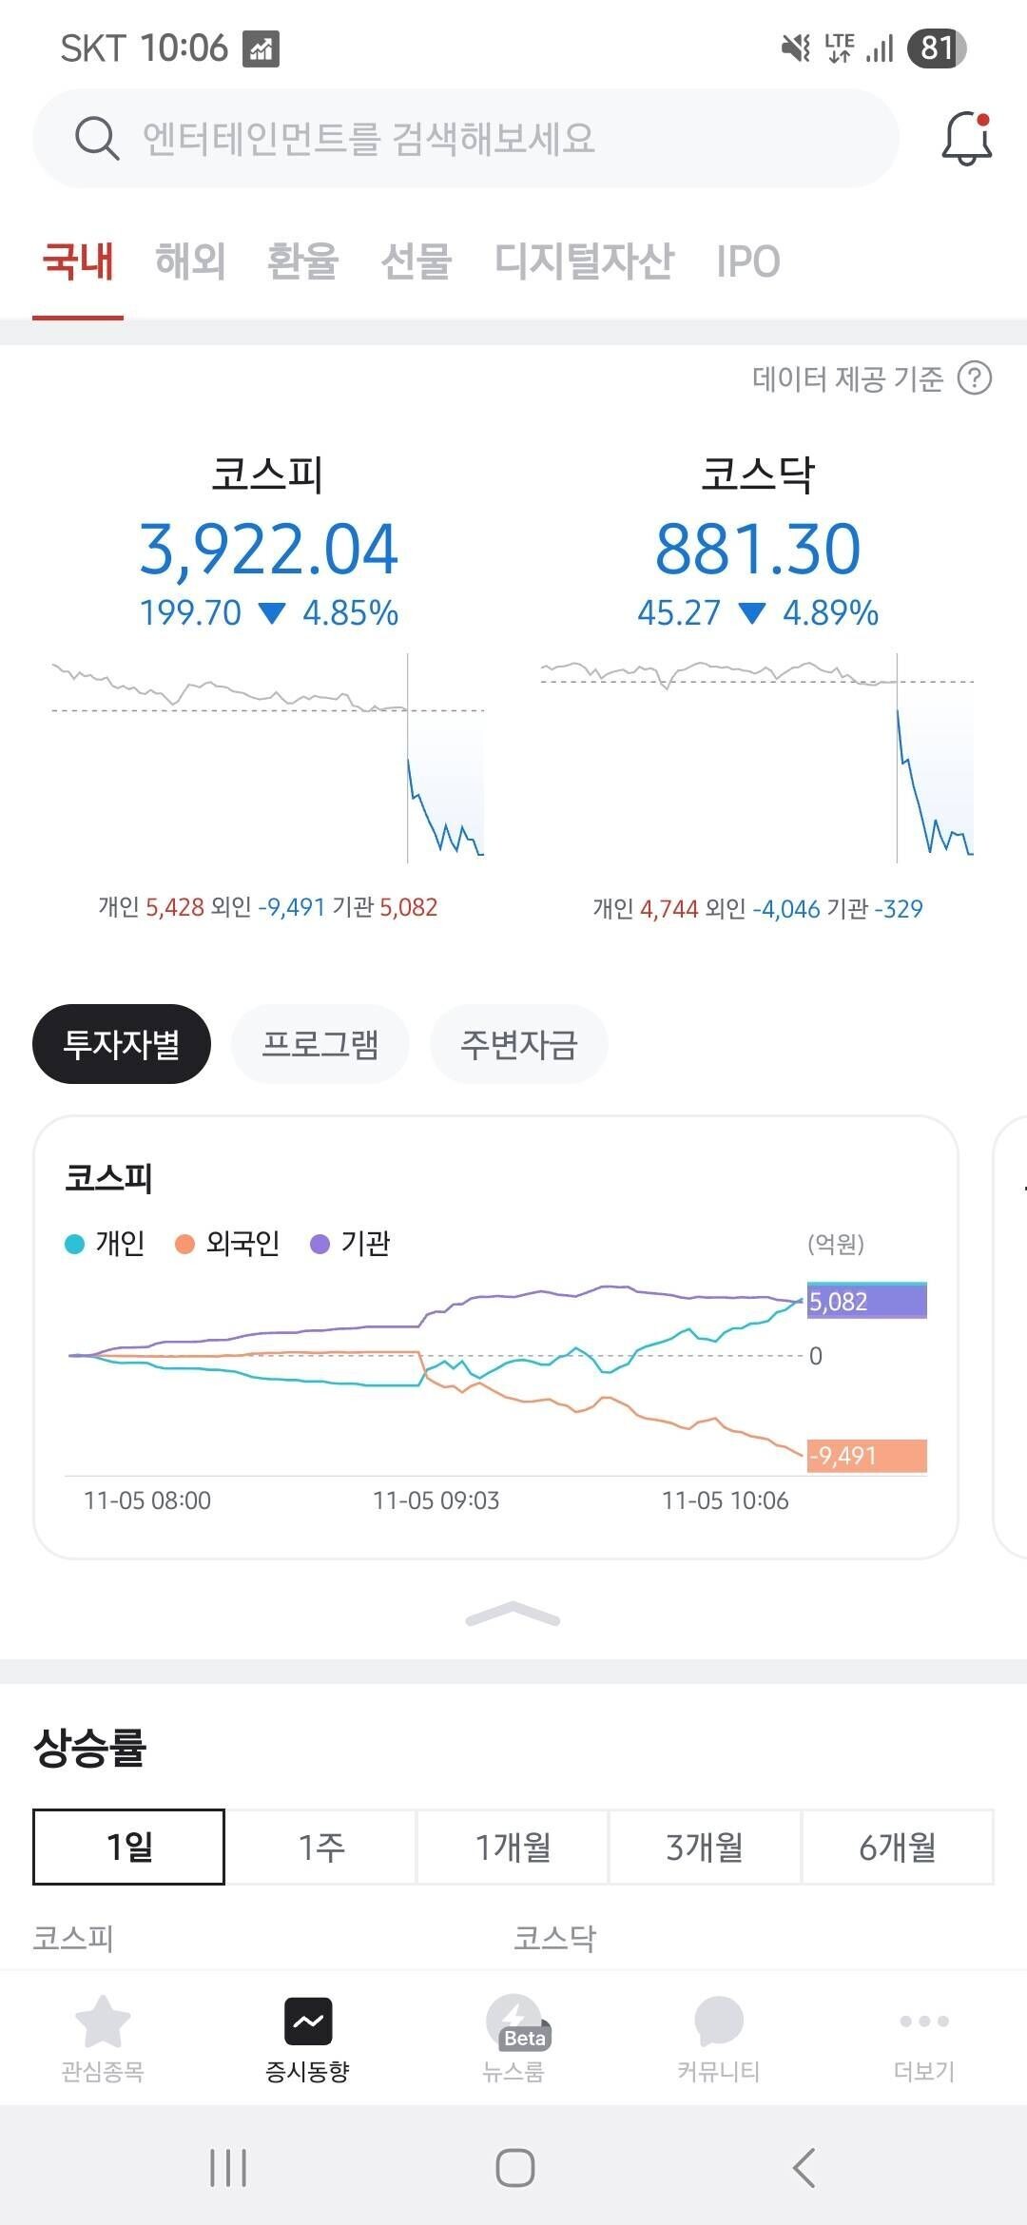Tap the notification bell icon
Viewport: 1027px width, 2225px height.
(966, 139)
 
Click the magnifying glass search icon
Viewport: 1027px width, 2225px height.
(96, 139)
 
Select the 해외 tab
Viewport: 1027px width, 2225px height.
(190, 261)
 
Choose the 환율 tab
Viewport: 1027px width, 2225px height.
(302, 261)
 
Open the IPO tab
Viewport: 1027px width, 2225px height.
(748, 261)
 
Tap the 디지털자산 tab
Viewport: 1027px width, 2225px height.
(584, 261)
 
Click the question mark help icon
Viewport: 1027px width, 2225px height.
(974, 378)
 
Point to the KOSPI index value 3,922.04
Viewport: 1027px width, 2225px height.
(268, 550)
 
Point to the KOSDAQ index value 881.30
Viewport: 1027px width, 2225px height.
(758, 550)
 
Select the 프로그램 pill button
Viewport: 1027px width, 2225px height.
(320, 1044)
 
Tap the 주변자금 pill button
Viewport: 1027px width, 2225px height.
(519, 1044)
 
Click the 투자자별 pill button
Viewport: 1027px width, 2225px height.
(122, 1044)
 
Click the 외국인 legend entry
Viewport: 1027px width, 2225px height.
(228, 1244)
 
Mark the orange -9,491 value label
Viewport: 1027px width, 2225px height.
(866, 1456)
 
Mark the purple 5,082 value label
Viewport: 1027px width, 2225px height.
(866, 1301)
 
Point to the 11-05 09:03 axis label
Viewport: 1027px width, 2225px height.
(436, 1500)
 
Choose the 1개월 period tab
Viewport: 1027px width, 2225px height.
(513, 1847)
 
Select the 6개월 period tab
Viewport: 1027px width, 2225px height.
(897, 1847)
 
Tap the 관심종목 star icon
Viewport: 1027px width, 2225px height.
(102, 2021)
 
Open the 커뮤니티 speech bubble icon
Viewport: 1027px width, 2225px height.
(719, 2021)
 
